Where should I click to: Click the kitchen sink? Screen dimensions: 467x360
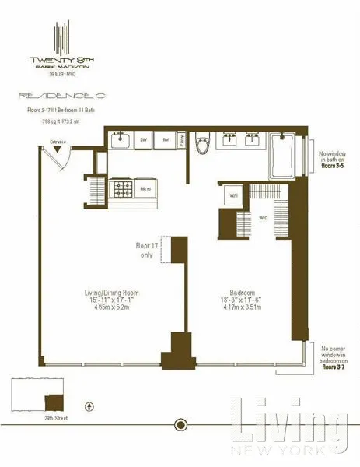pos(121,140)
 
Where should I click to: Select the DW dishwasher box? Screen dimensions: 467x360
pos(144,140)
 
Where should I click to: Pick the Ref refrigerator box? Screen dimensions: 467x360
pos(165,140)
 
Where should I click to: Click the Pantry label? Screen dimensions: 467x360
pos(181,140)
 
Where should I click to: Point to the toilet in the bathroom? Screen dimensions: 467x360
pos(202,144)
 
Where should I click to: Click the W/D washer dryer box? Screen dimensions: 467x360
pos(232,196)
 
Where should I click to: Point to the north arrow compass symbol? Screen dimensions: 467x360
pos(91,406)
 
